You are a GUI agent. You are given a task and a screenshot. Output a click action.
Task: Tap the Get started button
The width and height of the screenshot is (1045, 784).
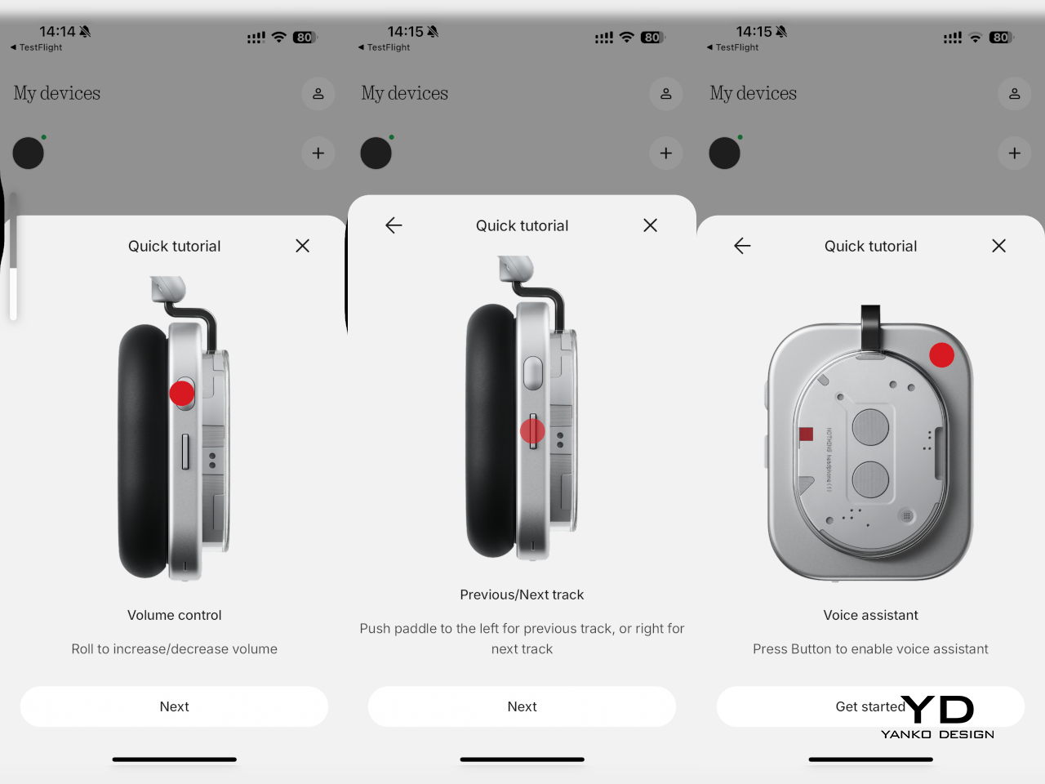(870, 706)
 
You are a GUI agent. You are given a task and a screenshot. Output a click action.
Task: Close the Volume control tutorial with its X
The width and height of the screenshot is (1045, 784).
(302, 246)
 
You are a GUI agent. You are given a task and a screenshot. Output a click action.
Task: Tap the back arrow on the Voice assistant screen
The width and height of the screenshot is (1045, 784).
(742, 246)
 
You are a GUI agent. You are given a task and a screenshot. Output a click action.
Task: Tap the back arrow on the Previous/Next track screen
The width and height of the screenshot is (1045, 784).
(394, 225)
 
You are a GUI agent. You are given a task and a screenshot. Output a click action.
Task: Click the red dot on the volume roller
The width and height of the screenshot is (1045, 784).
(182, 393)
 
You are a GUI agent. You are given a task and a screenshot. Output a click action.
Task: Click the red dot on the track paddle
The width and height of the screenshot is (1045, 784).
(532, 431)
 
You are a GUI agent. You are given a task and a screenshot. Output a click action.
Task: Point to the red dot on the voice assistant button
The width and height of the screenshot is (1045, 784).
(941, 355)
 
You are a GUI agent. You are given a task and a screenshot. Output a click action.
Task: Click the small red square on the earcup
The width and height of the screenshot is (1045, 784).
(806, 434)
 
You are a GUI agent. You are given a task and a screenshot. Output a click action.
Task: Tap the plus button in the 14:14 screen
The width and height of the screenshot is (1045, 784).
(318, 154)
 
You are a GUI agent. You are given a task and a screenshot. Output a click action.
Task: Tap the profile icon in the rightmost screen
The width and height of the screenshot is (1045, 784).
(1015, 94)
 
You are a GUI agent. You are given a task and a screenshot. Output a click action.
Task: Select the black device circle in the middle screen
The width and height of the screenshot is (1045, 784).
(376, 154)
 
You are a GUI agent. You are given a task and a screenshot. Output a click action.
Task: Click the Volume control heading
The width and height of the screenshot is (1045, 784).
(174, 615)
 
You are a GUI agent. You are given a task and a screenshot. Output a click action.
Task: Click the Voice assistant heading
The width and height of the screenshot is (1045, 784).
(871, 615)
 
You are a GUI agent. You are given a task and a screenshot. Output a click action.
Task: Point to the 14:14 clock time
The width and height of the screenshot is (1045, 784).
(57, 31)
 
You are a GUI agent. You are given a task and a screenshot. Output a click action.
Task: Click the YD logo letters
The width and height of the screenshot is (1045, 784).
(937, 710)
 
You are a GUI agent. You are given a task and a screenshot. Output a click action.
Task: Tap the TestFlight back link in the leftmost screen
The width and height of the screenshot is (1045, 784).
(36, 47)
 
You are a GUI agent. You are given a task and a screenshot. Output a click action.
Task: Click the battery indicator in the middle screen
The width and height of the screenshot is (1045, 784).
(652, 37)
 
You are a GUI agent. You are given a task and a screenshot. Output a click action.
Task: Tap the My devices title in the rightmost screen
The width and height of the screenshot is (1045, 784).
(754, 93)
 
